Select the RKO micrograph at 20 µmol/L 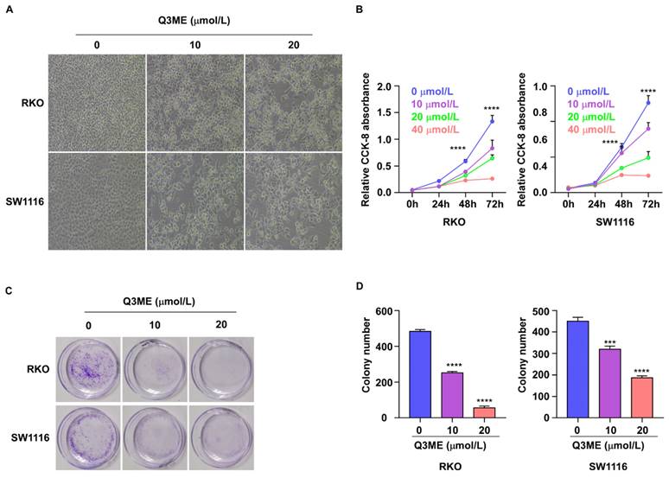point(294,102)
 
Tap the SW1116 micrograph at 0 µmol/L point(96,201)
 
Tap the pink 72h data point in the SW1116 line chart point(648,175)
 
